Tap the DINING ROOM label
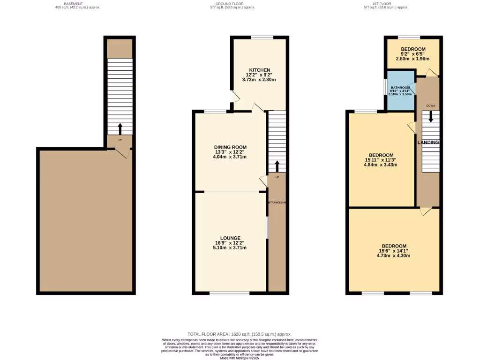point(230,147)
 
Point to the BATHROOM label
point(400,88)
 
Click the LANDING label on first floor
point(428,142)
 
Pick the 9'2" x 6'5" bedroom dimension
point(412,54)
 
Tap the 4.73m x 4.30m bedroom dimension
point(394,256)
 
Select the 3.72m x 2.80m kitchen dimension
point(259,80)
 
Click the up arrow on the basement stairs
point(120,128)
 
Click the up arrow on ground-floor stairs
point(277,166)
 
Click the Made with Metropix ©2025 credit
point(240,358)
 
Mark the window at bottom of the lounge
point(229,293)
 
